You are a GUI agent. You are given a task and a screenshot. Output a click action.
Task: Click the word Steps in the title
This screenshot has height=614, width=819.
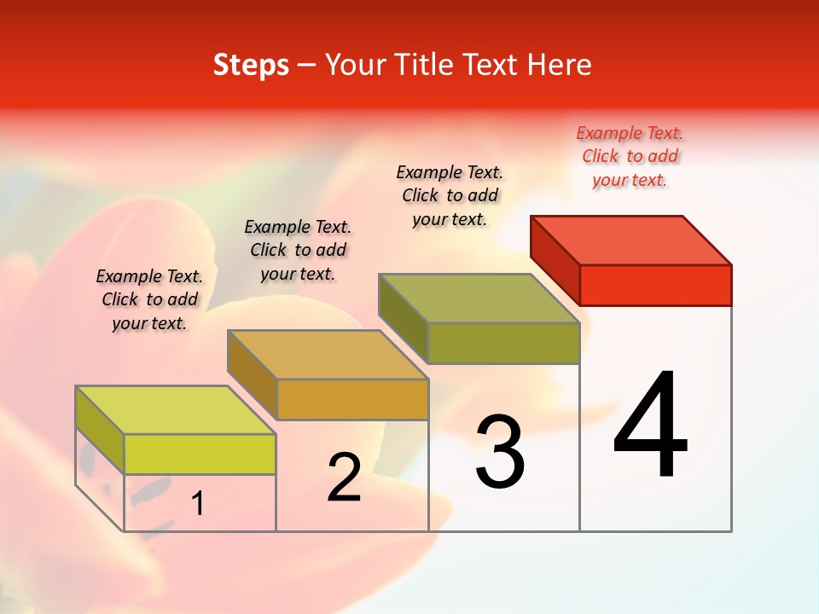[x=251, y=65]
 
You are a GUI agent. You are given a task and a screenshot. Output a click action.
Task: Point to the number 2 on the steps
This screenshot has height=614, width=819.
[x=344, y=478]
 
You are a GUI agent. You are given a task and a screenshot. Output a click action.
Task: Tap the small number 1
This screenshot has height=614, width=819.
[x=198, y=503]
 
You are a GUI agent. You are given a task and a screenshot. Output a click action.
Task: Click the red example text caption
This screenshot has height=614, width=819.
[x=630, y=156]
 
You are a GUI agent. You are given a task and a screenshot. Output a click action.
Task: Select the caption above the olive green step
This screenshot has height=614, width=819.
[x=450, y=195]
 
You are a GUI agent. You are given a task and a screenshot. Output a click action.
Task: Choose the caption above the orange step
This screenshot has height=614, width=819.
[x=298, y=250]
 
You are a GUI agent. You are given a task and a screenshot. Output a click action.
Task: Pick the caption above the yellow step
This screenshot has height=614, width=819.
[x=149, y=299]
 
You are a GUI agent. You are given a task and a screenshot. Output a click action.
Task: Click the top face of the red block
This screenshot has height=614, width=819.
[x=631, y=240]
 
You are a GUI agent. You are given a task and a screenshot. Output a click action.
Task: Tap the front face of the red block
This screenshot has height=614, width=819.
[x=655, y=285]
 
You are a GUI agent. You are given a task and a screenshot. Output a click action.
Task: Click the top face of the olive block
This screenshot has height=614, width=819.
[x=479, y=298]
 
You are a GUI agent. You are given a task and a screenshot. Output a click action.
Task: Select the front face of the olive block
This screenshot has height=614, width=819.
[x=503, y=343]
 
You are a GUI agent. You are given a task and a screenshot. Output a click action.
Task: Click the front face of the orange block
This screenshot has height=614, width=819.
[x=352, y=399]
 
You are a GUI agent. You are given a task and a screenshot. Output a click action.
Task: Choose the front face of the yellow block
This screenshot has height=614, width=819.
[x=200, y=454]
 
